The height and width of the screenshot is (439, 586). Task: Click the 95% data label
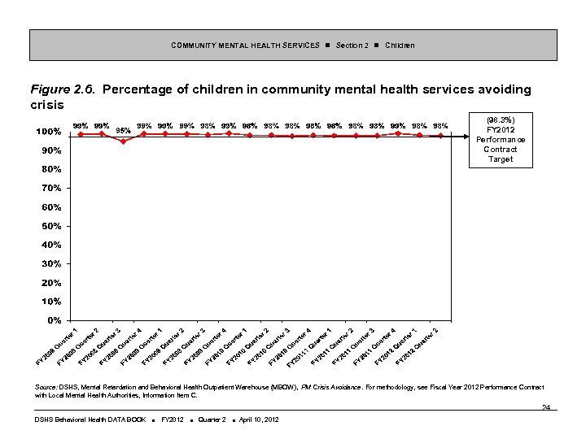coord(124,129)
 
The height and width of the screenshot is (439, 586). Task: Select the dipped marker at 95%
coord(123,141)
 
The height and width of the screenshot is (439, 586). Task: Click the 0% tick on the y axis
coord(53,320)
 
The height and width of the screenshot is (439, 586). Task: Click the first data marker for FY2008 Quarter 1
coord(81,134)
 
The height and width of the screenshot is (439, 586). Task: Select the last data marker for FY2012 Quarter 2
coord(440,136)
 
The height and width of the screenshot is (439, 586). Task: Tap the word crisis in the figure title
coord(46,105)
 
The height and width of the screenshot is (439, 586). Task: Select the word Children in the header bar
coord(400,45)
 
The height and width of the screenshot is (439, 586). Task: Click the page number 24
coord(546,408)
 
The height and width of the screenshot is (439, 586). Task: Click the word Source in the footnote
coord(46,386)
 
